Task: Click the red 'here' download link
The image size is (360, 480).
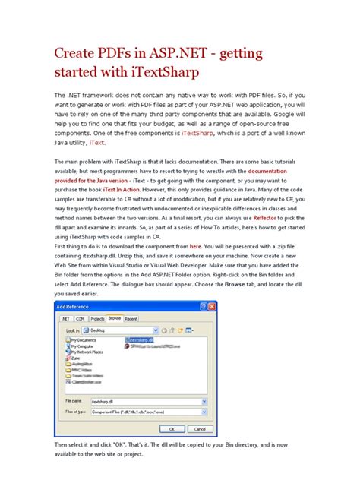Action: tap(195, 247)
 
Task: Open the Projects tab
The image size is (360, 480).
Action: tap(100, 320)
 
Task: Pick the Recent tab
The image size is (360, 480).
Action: tap(131, 320)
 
